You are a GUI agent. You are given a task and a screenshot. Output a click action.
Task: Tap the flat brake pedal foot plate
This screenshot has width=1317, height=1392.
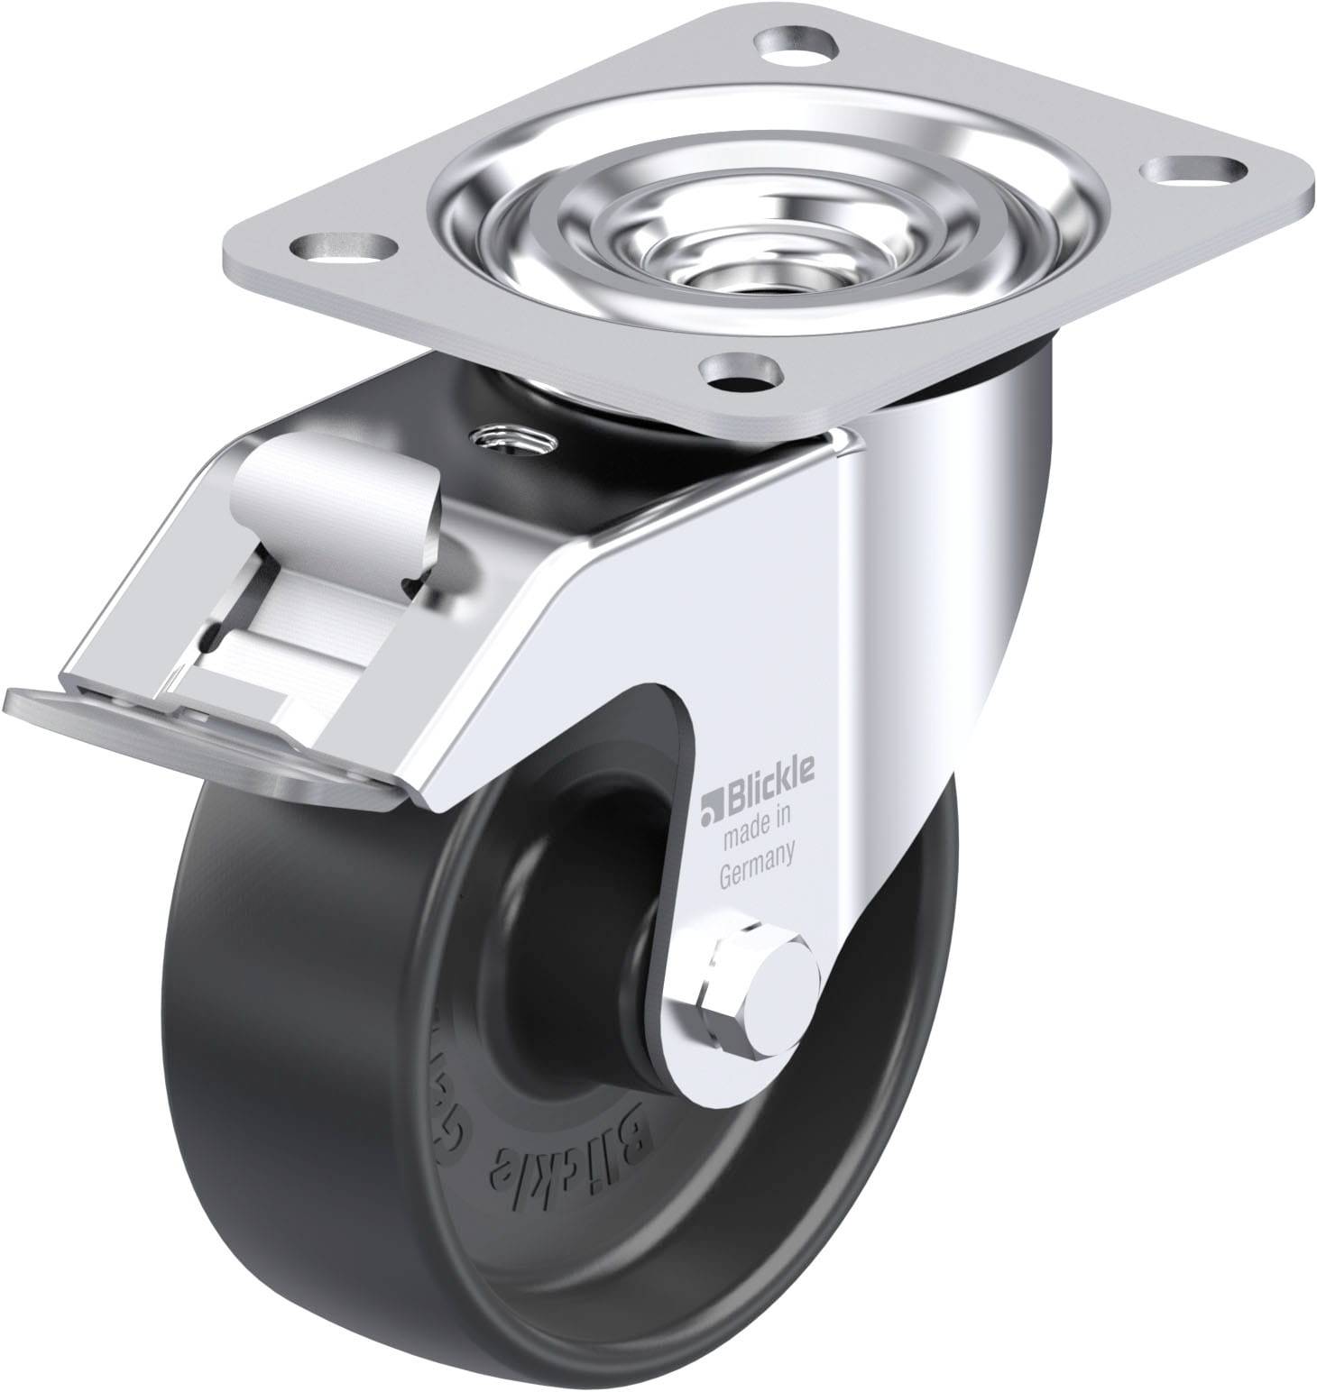(x=180, y=721)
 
